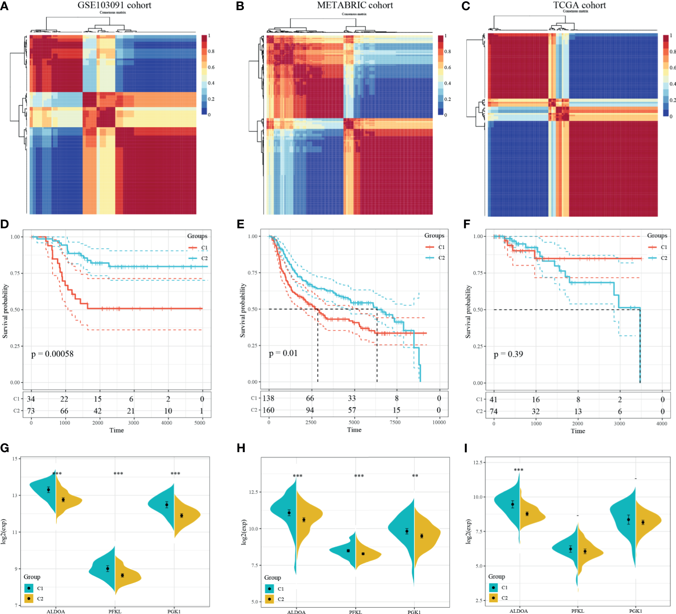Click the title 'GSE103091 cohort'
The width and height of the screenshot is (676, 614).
[114, 5]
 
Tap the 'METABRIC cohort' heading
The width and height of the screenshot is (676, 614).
[355, 5]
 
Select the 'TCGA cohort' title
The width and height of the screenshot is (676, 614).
[579, 5]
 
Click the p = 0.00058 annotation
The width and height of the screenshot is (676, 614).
[52, 354]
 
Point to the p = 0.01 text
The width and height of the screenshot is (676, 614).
[283, 353]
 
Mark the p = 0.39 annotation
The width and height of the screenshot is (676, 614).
[508, 354]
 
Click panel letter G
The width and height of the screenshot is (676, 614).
[5, 448]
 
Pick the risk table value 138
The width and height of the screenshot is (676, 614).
[268, 398]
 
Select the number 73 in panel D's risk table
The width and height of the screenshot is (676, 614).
[31, 411]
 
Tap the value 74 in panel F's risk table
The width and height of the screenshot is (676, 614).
[494, 412]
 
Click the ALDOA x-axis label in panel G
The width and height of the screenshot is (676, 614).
[56, 611]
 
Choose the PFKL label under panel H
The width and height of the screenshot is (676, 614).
[356, 612]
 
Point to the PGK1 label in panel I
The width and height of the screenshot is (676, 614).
[635, 611]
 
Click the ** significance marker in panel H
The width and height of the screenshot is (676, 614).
[415, 476]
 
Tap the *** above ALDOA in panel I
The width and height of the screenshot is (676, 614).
[519, 470]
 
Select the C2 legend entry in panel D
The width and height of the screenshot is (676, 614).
[204, 258]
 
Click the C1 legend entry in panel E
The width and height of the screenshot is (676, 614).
[441, 247]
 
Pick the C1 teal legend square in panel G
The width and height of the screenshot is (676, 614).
[29, 588]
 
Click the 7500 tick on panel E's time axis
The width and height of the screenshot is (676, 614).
[395, 422]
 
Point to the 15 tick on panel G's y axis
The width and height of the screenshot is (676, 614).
[15, 459]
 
